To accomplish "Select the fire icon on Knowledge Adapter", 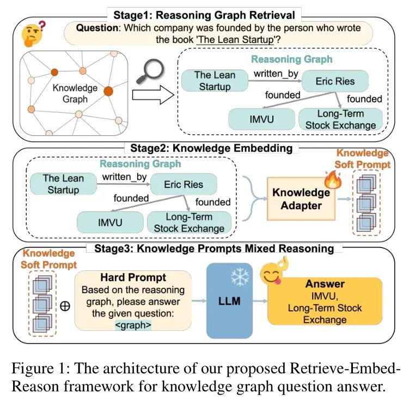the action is (333, 180).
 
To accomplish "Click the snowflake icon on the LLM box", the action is (240, 277).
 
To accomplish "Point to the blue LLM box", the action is (229, 301).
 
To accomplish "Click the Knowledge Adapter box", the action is (301, 199).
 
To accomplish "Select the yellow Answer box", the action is (325, 301).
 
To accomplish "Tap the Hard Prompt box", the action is (133, 301).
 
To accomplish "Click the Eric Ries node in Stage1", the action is (335, 81).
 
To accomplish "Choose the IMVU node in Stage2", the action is (110, 222).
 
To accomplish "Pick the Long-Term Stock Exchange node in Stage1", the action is (341, 119).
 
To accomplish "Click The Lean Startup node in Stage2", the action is (63, 184).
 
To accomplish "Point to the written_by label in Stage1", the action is (276, 74).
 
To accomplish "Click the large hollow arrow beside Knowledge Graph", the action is (153, 95).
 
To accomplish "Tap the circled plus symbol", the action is (65, 306).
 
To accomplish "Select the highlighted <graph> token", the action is (133, 325).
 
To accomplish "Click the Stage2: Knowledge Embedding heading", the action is (211, 148).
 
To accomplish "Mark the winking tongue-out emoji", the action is (273, 271).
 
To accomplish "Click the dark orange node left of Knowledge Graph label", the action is (54, 72).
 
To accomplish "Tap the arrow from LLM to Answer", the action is (260, 301).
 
